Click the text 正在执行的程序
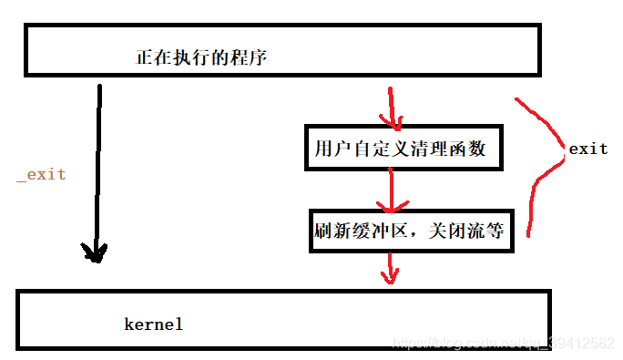(x=201, y=57)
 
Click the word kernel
(x=153, y=324)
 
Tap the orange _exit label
(x=41, y=174)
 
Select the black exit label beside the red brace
(x=587, y=148)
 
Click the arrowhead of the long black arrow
(x=95, y=252)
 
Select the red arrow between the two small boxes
(x=391, y=190)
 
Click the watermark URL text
(x=502, y=342)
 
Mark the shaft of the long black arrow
(x=97, y=164)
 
